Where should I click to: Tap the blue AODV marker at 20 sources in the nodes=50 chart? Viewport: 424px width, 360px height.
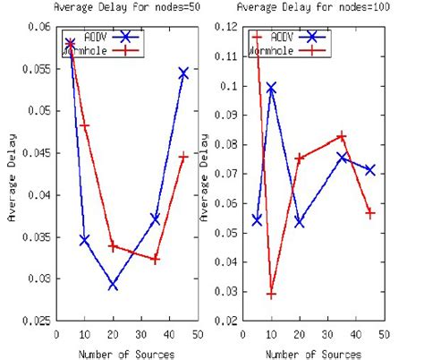tap(113, 285)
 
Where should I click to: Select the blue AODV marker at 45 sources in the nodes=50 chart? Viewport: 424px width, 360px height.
tap(182, 73)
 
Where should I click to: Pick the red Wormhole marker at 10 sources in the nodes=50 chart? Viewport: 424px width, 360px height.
tap(85, 125)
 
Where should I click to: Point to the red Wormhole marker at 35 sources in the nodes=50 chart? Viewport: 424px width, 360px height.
tap(155, 259)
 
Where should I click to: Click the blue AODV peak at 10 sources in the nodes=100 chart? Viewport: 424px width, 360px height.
tap(271, 88)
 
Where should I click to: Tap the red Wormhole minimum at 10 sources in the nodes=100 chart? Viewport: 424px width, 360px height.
tap(271, 294)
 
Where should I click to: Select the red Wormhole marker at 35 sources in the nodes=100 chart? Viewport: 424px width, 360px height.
tap(341, 136)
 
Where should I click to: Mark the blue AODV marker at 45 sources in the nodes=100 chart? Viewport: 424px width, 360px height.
tap(369, 169)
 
